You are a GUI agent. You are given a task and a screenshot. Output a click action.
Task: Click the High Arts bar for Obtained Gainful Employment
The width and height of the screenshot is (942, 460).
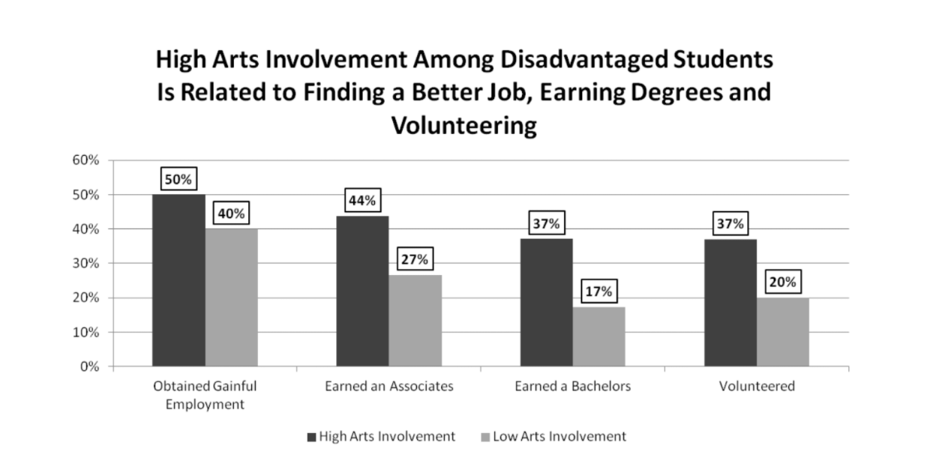click(x=178, y=280)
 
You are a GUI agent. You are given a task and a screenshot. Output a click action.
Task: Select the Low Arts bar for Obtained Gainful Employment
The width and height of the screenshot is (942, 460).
click(x=231, y=297)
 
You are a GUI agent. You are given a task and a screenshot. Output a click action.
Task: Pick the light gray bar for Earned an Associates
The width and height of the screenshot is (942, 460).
click(x=415, y=321)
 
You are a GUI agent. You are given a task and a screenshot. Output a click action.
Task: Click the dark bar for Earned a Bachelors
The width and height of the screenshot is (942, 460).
click(x=546, y=303)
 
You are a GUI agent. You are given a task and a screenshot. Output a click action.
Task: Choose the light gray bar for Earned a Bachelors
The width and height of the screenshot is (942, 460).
click(x=598, y=336)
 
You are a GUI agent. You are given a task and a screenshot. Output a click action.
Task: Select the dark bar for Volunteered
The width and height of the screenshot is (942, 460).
click(x=729, y=303)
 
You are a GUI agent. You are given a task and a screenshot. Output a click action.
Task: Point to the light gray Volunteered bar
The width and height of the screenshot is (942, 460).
click(x=782, y=332)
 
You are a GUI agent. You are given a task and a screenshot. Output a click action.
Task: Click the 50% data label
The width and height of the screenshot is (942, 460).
click(x=178, y=180)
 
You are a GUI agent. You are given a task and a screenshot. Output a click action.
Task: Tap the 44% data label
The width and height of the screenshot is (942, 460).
click(x=362, y=202)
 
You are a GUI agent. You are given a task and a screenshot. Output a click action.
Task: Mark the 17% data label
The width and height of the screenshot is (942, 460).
click(x=598, y=292)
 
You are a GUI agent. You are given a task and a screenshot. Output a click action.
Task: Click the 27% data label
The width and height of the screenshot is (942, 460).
click(x=415, y=260)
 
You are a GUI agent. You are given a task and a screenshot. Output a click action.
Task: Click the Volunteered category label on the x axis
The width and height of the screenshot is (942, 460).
click(x=756, y=387)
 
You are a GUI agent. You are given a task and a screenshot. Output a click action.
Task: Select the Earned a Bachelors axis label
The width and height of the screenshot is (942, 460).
click(x=572, y=387)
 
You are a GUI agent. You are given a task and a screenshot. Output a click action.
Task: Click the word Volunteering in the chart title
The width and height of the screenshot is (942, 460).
click(x=463, y=126)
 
